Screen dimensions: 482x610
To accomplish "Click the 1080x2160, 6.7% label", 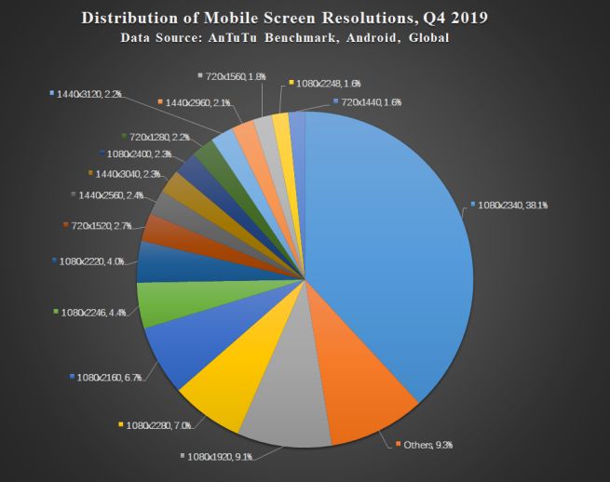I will coord(108,377).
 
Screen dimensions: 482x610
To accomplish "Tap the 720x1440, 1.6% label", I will coord(370,101).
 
